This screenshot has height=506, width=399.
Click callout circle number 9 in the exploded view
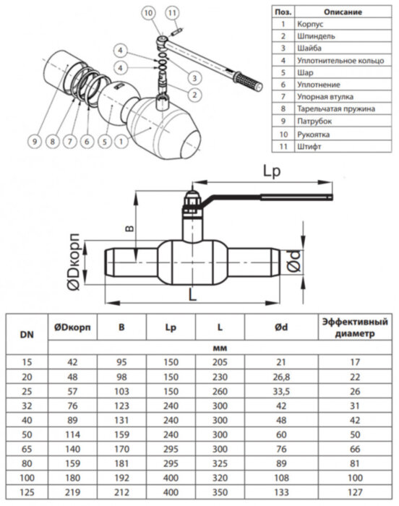click(35, 142)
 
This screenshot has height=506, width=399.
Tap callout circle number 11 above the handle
click(172, 13)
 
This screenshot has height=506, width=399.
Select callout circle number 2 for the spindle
click(194, 95)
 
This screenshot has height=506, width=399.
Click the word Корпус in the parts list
click(310, 24)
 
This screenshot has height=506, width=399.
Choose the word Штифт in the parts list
click(309, 147)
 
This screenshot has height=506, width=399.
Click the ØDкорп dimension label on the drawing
click(74, 262)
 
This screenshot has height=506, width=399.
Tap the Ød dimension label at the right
click(293, 262)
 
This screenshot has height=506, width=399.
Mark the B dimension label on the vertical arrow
click(129, 228)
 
